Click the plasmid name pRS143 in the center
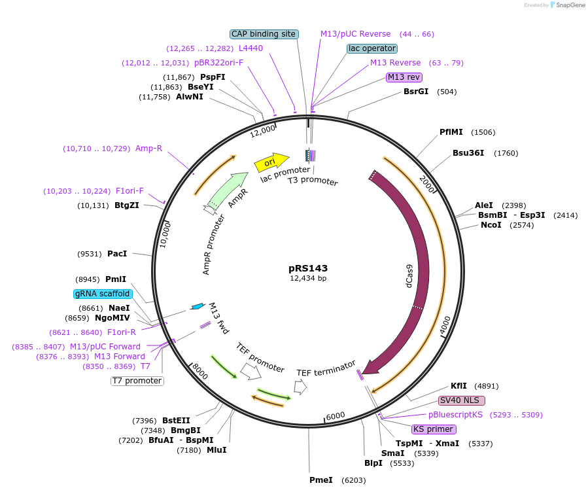(308, 268)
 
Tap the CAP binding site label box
(264, 34)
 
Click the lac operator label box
(372, 48)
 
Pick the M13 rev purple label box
(404, 77)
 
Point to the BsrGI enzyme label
(416, 92)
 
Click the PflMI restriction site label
(451, 132)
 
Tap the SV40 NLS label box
(462, 400)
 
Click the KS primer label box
(433, 429)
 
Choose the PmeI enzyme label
(322, 480)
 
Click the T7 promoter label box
(137, 381)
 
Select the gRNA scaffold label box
(102, 294)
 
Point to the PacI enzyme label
(117, 254)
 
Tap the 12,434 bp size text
(308, 279)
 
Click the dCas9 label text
(409, 277)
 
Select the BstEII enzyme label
(176, 421)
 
